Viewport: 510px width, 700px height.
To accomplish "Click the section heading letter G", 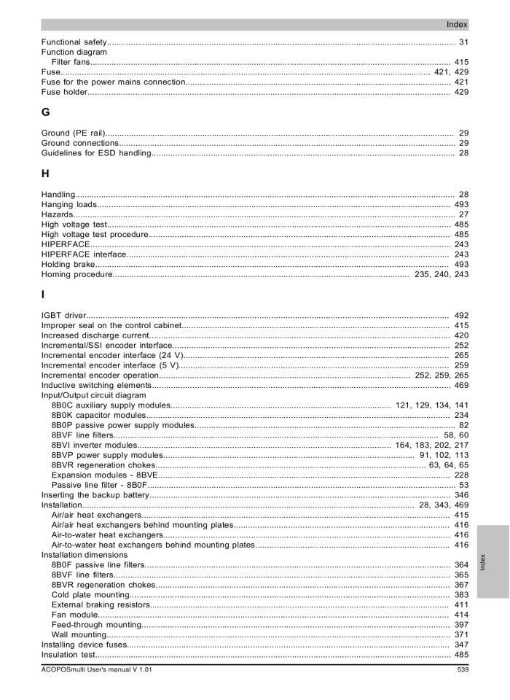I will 46,113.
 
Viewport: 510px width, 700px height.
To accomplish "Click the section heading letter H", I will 46,175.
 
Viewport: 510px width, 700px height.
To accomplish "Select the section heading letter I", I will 43,295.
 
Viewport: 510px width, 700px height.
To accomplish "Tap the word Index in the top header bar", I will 457,24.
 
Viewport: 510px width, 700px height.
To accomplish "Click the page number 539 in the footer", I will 462,669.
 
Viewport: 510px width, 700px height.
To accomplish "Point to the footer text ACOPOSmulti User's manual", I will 97,669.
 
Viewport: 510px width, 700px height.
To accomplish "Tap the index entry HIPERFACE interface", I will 84,254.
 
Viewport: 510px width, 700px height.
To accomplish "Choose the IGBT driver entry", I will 65,315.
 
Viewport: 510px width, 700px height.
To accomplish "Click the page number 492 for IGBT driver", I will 461,315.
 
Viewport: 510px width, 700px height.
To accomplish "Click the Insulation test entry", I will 69,655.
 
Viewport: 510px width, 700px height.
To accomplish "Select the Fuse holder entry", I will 64,93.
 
